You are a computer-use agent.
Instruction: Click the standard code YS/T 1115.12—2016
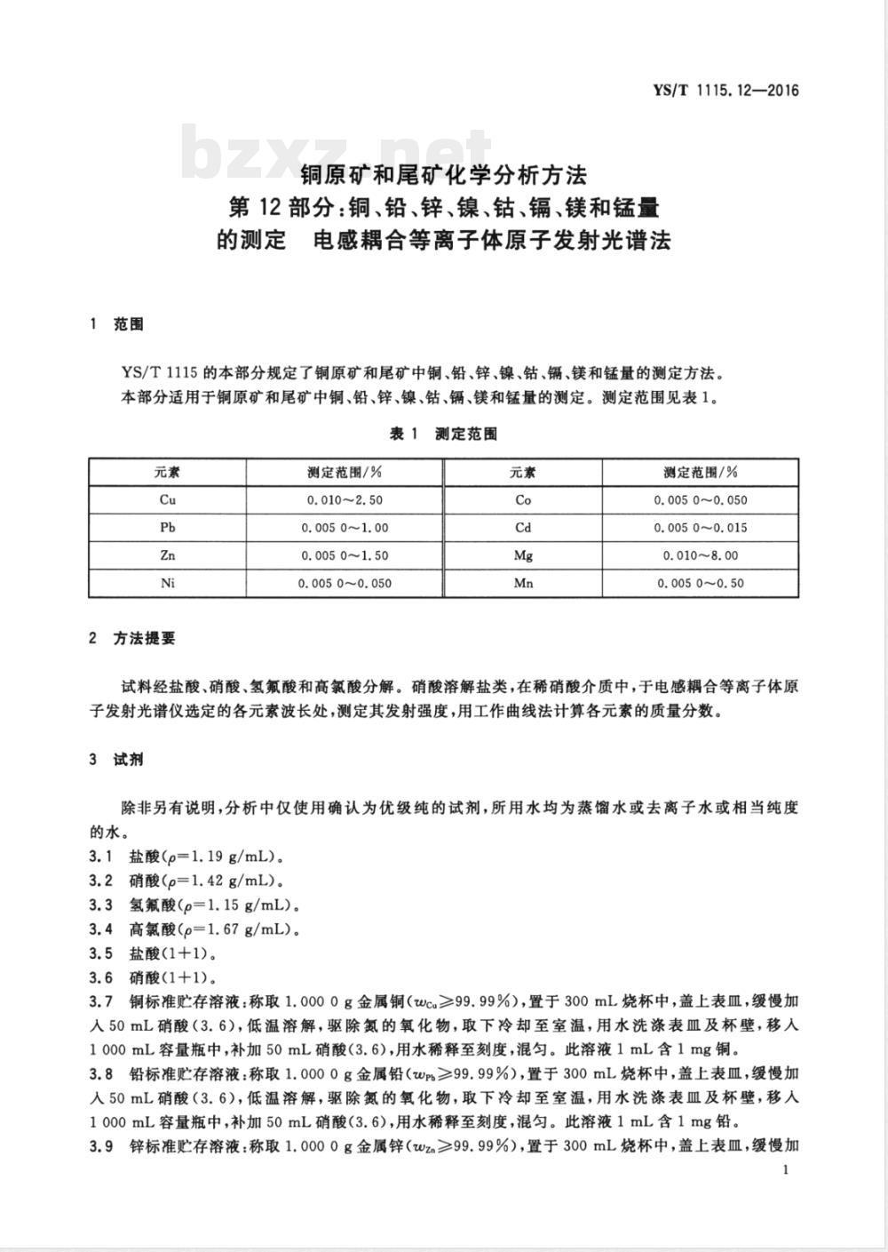point(725,90)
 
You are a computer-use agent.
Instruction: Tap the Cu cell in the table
point(168,499)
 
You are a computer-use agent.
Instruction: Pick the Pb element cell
point(168,527)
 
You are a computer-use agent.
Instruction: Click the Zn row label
point(168,555)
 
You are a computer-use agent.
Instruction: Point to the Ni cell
point(168,583)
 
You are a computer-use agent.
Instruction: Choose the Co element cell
point(523,499)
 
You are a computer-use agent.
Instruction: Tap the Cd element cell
point(523,527)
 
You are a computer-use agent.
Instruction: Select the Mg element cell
point(523,555)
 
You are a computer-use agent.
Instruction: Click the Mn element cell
point(523,583)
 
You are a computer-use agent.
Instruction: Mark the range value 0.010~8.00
point(701,555)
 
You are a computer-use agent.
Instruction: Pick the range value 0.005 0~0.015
point(701,527)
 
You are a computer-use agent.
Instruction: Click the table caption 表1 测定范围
point(443,434)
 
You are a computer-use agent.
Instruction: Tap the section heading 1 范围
point(116,324)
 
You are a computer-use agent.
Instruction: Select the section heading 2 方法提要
point(132,638)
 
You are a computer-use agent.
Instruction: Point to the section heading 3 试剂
point(116,760)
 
